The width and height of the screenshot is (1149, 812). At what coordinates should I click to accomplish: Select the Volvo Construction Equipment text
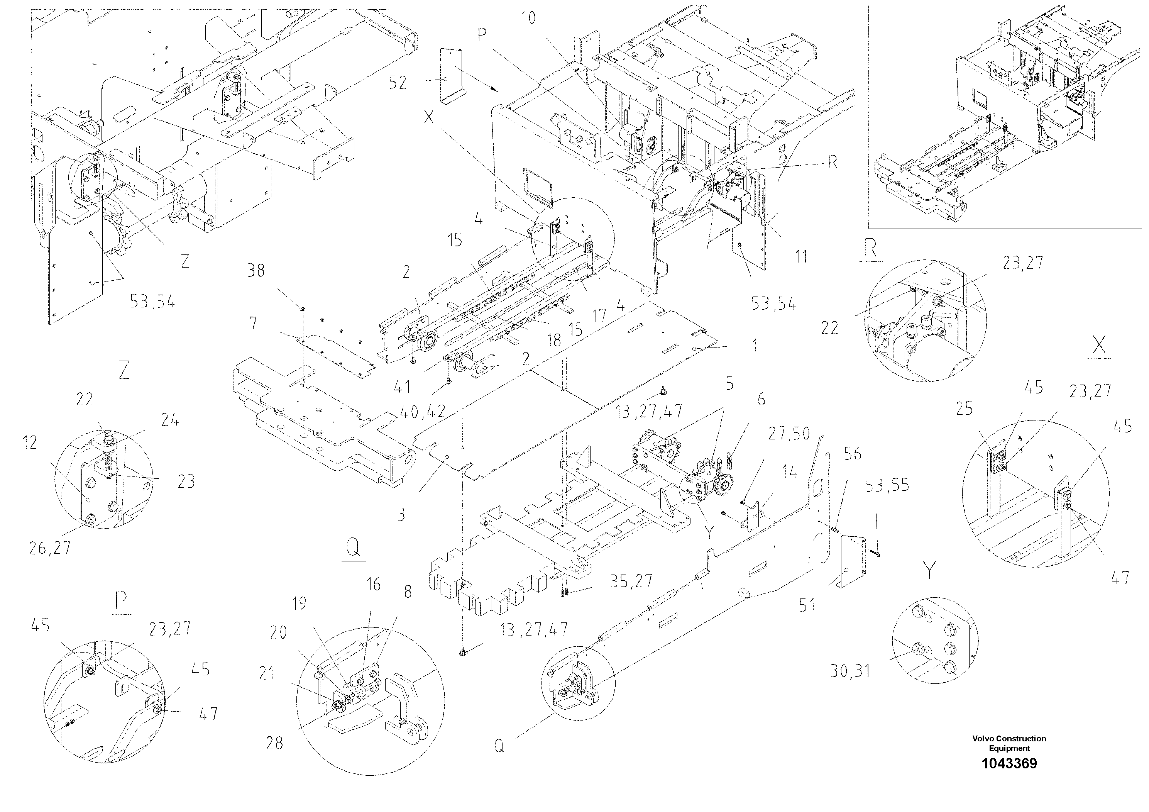(1009, 743)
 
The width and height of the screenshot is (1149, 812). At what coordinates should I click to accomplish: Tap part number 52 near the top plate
(398, 83)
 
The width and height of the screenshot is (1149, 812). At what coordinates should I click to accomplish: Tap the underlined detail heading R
(871, 249)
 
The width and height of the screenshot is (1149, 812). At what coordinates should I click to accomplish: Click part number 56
(853, 454)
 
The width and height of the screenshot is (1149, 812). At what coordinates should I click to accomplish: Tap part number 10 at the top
(528, 19)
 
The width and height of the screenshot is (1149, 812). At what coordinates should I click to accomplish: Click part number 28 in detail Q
(274, 743)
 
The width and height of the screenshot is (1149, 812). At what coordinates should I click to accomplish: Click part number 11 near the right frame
(801, 257)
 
